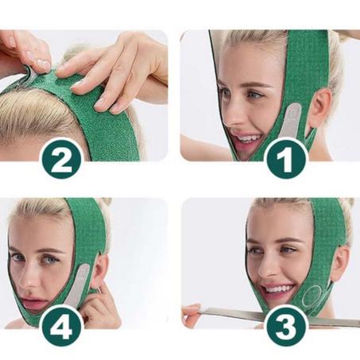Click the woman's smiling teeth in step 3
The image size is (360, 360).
[x=277, y=288]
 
